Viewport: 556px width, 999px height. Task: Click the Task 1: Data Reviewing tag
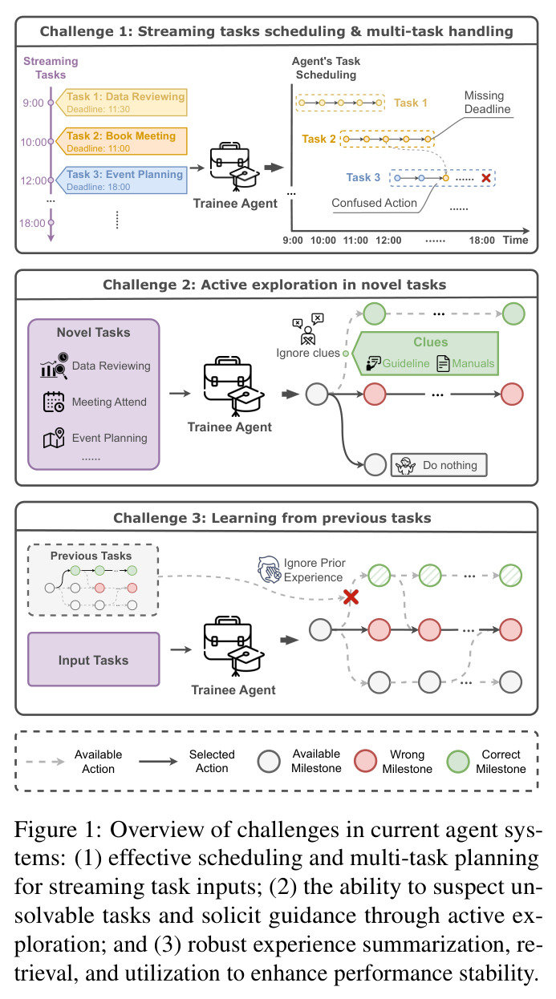(123, 103)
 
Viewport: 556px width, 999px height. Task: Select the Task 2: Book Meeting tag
(123, 141)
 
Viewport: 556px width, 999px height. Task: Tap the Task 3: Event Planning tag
(123, 180)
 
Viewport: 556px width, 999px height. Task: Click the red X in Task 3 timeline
(486, 178)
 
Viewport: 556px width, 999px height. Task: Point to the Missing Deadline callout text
(487, 102)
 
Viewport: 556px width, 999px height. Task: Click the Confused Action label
(374, 203)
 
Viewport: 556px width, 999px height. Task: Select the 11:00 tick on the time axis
(355, 241)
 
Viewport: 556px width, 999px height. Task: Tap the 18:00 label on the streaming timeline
(32, 223)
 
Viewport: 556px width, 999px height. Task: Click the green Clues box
(426, 354)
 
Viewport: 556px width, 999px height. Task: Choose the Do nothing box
(439, 465)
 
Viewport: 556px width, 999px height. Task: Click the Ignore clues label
(308, 353)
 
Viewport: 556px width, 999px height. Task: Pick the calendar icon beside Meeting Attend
(54, 402)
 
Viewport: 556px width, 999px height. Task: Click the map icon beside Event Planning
(54, 438)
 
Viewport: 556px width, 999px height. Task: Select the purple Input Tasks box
(94, 659)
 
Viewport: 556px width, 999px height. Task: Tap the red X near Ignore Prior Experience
(351, 597)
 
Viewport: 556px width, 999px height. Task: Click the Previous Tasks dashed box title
(91, 556)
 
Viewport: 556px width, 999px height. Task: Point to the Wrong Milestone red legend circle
(366, 761)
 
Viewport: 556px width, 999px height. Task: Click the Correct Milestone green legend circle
(458, 761)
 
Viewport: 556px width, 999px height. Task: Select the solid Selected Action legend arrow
(158, 762)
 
